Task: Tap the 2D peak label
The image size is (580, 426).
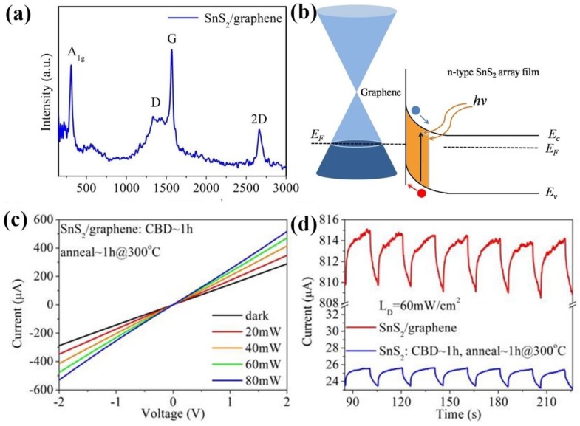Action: (259, 117)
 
